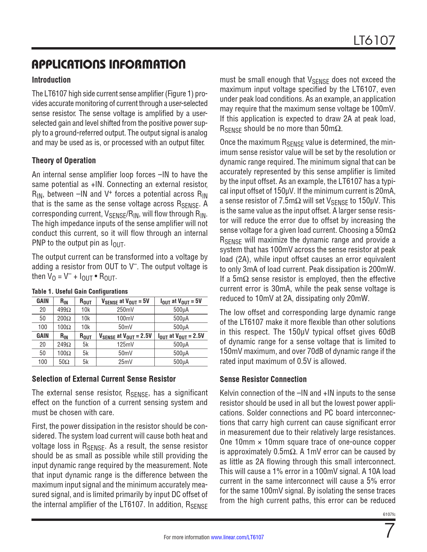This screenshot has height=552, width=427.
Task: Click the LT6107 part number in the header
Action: point(374,40)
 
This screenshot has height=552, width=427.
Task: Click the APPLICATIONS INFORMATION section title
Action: point(109,64)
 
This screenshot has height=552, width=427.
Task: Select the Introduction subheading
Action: point(51,80)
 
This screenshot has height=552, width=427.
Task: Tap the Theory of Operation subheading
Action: point(64,161)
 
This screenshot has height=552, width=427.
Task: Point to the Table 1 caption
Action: point(80,291)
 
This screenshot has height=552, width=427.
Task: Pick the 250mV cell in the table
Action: point(125,310)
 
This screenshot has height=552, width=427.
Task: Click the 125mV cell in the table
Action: point(125,345)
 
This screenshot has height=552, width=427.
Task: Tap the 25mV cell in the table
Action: point(125,362)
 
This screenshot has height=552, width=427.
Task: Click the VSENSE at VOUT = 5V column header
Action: point(125,301)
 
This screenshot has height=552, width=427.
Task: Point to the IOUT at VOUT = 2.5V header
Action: point(181,336)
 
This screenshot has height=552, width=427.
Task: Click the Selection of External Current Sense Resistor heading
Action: point(104,379)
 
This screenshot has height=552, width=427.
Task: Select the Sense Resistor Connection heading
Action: point(263,379)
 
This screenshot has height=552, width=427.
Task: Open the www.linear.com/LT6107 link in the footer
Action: point(237,537)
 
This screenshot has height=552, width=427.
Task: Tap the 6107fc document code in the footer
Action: point(389,514)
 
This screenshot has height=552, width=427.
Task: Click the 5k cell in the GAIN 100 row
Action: point(85,362)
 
